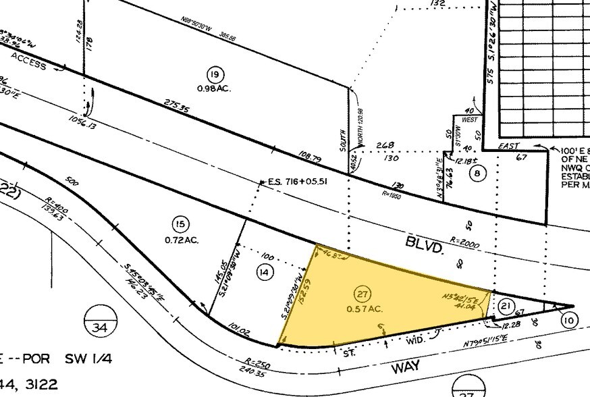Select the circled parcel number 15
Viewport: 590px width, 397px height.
point(179,225)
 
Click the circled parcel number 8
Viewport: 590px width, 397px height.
point(479,174)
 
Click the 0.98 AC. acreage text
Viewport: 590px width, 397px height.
point(215,87)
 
